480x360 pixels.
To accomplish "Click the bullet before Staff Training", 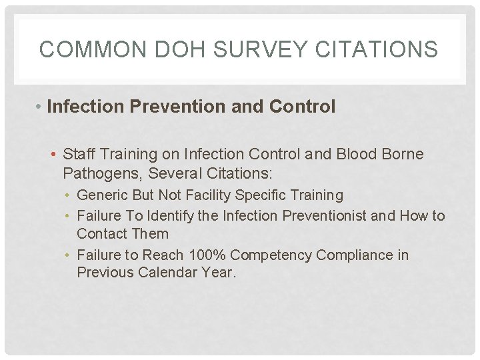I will tap(55, 155).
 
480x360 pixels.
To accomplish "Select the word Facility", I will tap(217, 195).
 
